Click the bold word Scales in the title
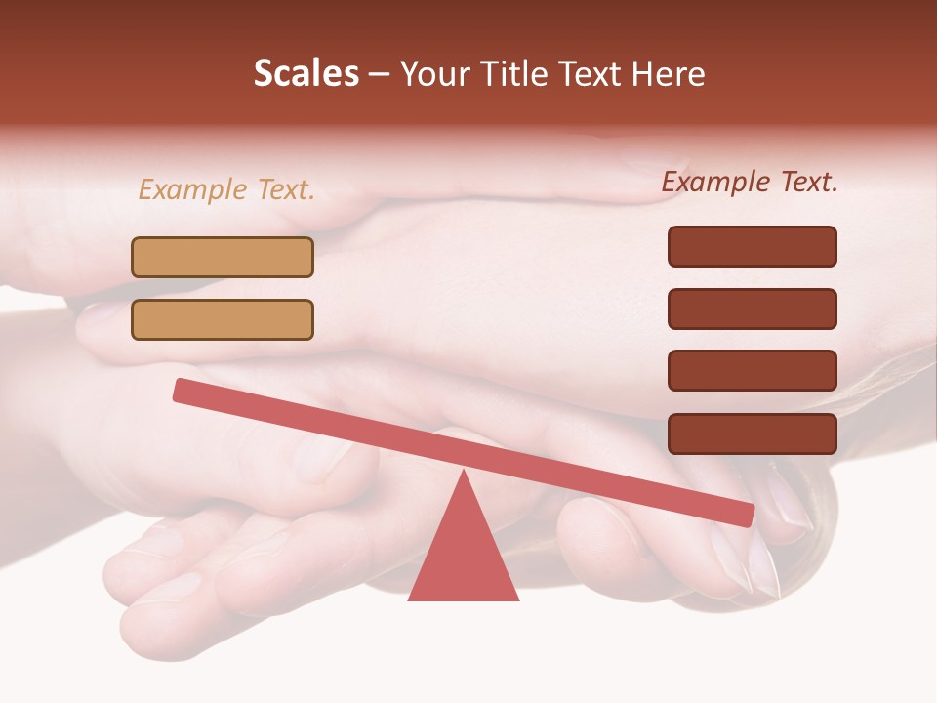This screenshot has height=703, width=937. coord(306,73)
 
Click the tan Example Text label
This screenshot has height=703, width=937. coord(226,190)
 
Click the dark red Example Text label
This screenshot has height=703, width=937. coord(750,182)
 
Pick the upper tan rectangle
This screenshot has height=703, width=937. coord(223,257)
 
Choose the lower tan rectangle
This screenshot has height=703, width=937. coord(223,319)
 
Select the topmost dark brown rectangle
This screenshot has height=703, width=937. coord(752,246)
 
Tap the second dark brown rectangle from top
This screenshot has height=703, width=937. coord(752,309)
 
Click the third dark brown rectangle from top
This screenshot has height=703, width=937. coord(752,370)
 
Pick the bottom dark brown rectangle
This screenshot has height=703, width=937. coord(752,434)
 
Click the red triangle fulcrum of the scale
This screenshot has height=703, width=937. coord(463,557)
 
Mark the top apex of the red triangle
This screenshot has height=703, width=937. coord(464,473)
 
